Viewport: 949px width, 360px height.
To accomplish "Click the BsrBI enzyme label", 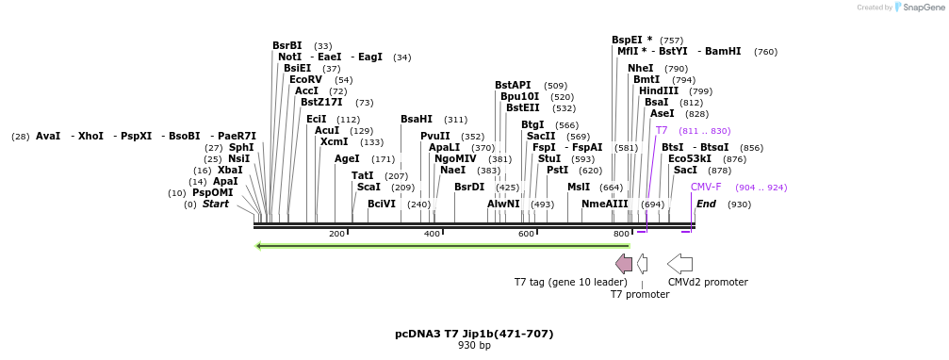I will [287, 45].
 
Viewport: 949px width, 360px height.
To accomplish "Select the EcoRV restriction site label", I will [305, 79].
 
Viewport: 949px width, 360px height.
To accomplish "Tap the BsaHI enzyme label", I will [417, 119].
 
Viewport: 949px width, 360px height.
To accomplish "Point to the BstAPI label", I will [513, 85].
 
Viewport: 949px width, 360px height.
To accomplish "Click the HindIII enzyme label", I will [659, 90].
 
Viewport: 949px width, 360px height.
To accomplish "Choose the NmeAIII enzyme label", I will [605, 204].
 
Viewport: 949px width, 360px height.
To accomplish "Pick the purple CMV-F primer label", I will [706, 187].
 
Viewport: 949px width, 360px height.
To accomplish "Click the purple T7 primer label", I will [662, 130].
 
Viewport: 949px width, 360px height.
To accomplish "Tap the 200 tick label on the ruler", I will [336, 234].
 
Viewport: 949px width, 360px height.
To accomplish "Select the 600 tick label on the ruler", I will [526, 234].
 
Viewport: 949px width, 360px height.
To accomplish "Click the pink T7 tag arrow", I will [624, 263].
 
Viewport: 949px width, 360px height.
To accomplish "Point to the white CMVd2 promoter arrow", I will [679, 263].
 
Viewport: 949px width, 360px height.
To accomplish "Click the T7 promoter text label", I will [640, 294].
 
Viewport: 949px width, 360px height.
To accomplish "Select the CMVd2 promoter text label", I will [708, 282].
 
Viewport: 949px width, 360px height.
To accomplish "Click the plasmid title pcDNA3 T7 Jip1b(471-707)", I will [474, 334].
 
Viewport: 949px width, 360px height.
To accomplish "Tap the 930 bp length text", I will [474, 346].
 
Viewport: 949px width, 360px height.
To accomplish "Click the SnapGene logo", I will [919, 8].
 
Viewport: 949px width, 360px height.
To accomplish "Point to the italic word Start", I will [215, 204].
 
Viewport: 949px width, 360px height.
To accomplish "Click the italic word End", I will [706, 204].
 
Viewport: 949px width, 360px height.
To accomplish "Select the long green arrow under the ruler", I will [443, 246].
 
